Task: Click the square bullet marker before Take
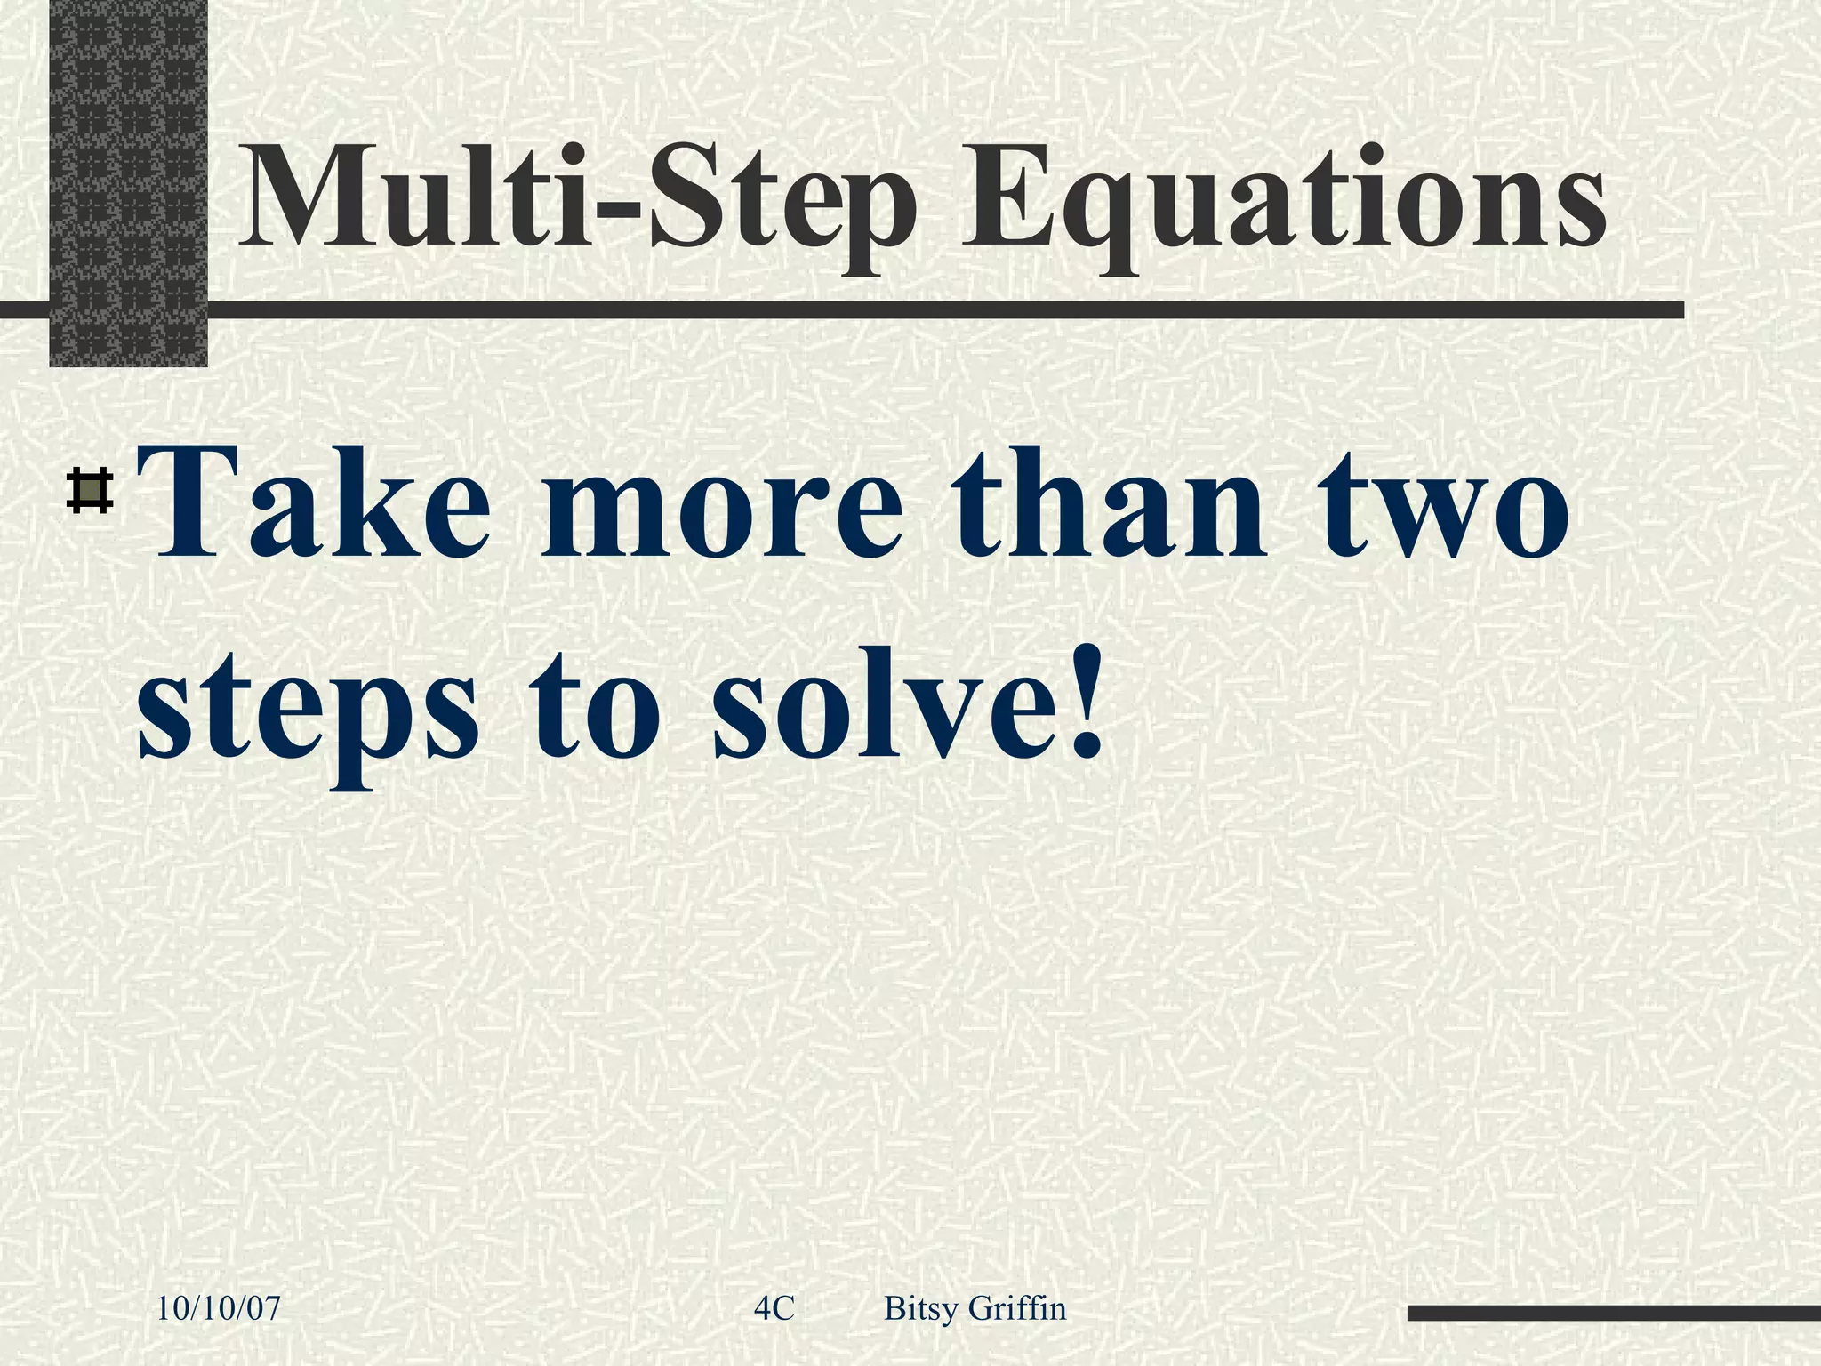click(89, 491)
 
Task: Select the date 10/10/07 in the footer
click(219, 1308)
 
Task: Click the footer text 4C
click(774, 1308)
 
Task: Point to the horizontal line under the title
click(889, 309)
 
